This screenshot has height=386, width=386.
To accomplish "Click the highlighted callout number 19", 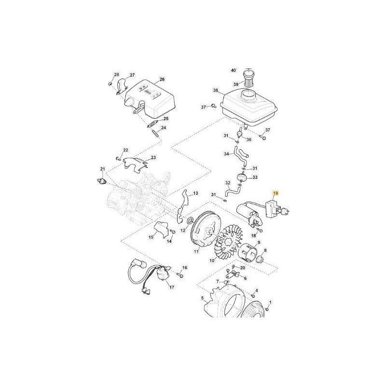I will point(276,194).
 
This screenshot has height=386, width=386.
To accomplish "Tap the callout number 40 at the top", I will point(233,70).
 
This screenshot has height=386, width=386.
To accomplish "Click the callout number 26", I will point(162,79).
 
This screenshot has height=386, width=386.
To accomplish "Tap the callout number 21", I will point(102,168).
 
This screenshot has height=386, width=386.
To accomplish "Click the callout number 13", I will point(196,193).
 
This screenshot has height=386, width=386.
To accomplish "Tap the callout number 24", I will point(164,128).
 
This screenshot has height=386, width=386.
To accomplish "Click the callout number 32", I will point(228,183).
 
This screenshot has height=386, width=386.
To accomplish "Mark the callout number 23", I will point(153,158).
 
